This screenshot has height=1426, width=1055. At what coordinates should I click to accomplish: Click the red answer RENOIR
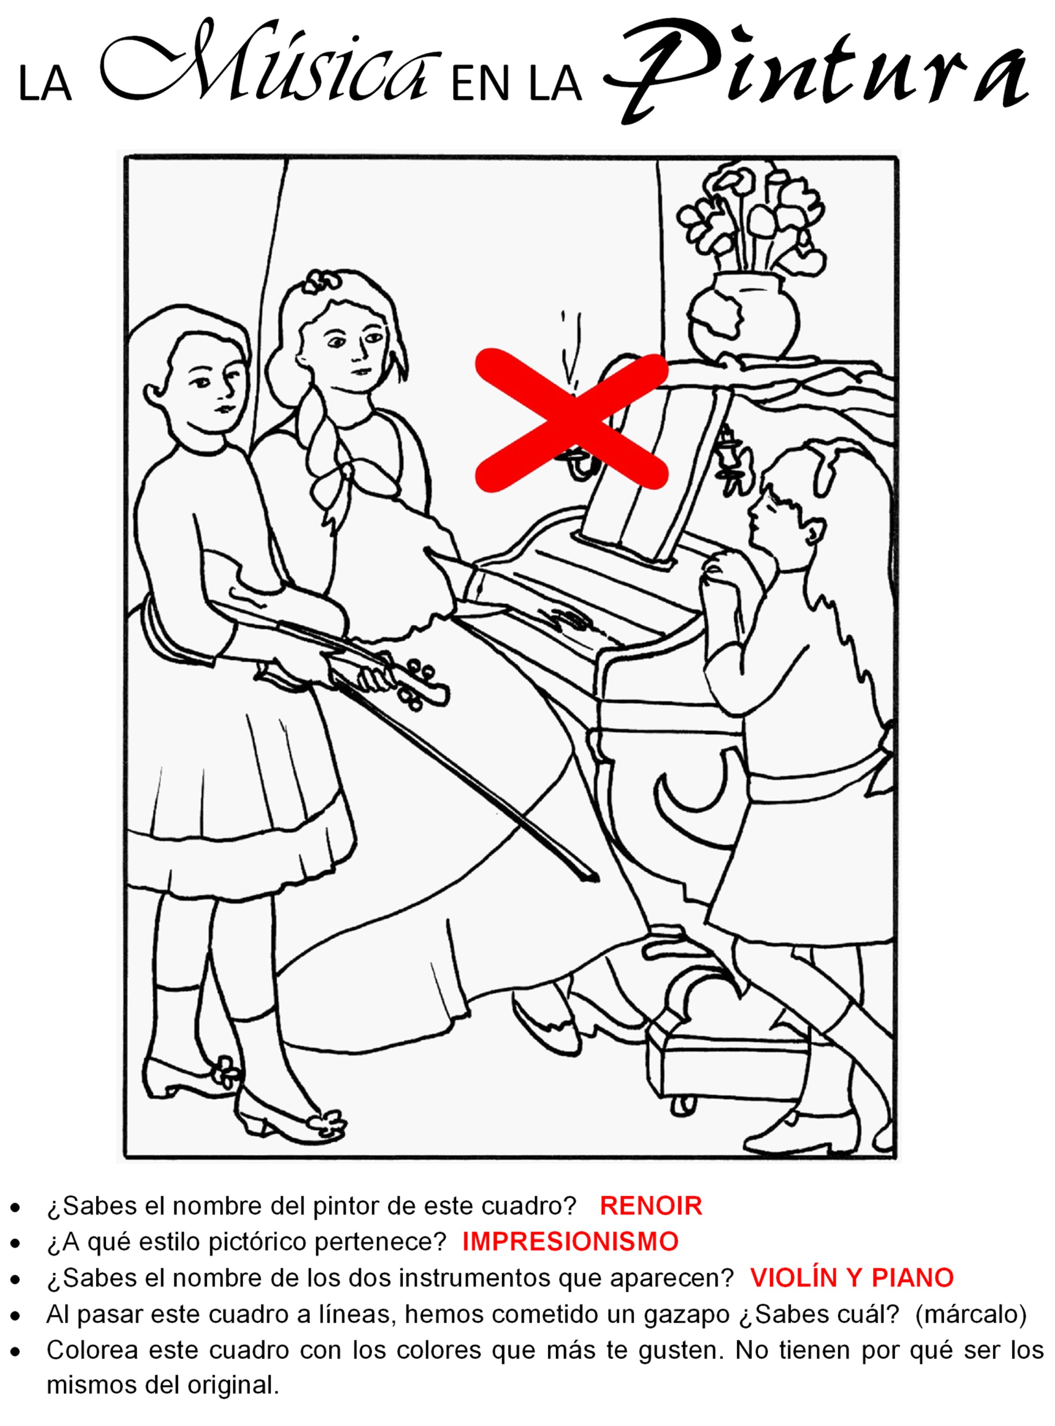click(651, 1206)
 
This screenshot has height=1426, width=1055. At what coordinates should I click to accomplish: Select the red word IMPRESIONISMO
click(570, 1242)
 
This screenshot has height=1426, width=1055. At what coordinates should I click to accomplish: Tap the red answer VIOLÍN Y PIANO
click(852, 1277)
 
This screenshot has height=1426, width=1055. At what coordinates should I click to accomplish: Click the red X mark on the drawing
click(572, 420)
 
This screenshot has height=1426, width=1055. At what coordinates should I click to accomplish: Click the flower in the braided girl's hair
click(318, 280)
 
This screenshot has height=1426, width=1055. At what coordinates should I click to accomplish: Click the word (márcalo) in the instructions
click(970, 1314)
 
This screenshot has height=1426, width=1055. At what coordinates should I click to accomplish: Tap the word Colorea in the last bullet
click(92, 1350)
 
